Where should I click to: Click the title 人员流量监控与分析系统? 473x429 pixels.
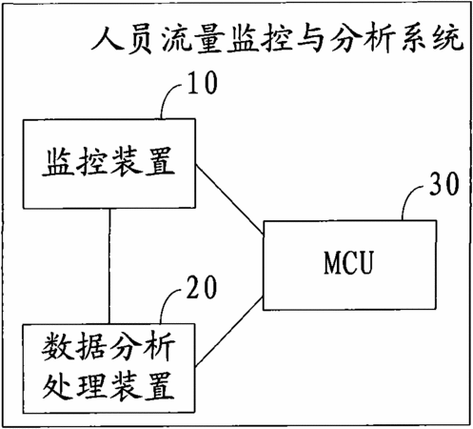(x=277, y=39)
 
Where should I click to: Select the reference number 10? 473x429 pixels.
(x=203, y=82)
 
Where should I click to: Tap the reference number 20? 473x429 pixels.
(x=202, y=287)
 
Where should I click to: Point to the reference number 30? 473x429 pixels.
(x=444, y=184)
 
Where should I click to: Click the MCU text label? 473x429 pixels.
(x=348, y=262)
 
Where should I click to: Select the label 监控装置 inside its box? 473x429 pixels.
(x=108, y=161)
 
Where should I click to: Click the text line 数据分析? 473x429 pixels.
(x=108, y=346)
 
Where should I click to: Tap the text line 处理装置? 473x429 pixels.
(x=108, y=385)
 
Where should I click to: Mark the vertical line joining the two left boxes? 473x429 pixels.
(x=109, y=266)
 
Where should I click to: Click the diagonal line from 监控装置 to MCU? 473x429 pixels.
(x=229, y=200)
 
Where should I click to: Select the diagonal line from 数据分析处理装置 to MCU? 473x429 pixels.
(x=228, y=332)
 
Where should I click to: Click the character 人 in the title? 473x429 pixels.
(x=107, y=39)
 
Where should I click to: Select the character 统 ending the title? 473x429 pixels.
(x=448, y=39)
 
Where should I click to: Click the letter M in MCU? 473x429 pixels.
(x=332, y=262)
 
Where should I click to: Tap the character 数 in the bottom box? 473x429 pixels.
(x=57, y=346)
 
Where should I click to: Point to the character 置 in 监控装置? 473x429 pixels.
(x=160, y=161)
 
